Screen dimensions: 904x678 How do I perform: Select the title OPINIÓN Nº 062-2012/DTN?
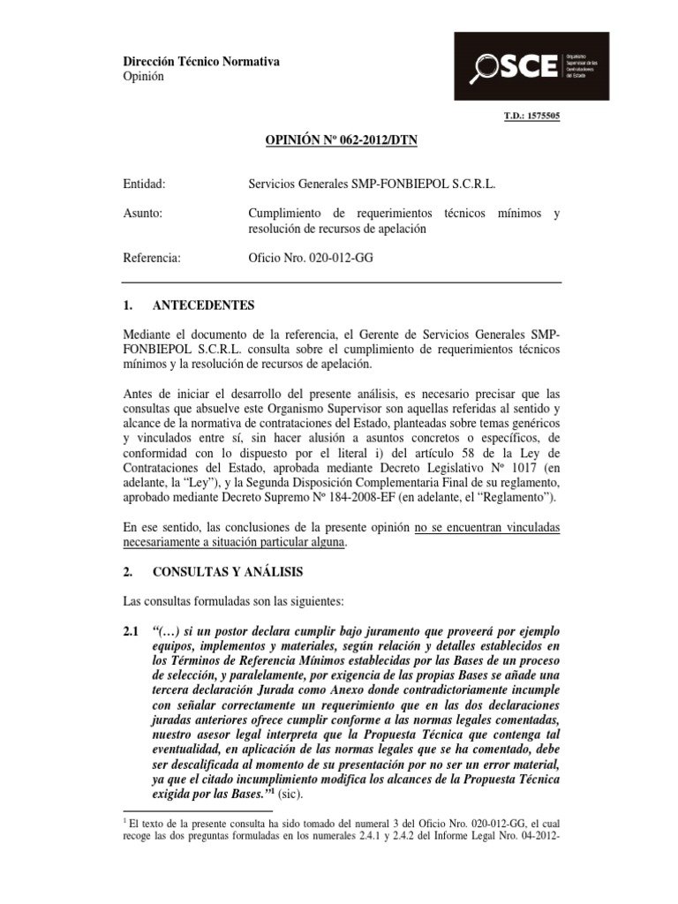coord(341,140)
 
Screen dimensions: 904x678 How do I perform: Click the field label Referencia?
coord(152,259)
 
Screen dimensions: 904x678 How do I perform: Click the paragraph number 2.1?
coord(132,632)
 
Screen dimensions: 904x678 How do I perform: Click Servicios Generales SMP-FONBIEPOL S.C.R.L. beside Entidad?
coord(372,185)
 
